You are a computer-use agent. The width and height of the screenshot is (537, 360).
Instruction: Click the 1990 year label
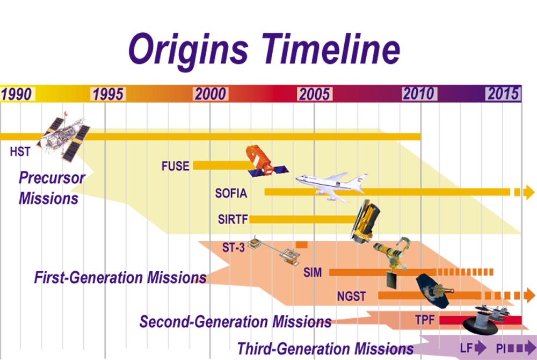tap(17, 94)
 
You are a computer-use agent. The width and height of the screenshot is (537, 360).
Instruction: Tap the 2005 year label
tap(314, 94)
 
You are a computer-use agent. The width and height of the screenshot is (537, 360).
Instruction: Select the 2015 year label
tap(503, 93)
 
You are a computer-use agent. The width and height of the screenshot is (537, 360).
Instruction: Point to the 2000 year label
tap(211, 94)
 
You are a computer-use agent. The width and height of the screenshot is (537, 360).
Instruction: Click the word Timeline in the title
tap(331, 49)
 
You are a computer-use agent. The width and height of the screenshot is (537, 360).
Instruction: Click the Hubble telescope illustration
tap(64, 136)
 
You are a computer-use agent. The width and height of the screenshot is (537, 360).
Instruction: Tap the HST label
tap(20, 152)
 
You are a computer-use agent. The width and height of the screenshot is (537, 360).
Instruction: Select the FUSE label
tap(176, 166)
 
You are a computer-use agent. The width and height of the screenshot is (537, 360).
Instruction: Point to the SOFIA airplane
tap(331, 186)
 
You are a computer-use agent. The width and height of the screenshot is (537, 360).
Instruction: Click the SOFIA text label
tap(231, 193)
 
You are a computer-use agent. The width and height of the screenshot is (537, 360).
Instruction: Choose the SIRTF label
tap(233, 219)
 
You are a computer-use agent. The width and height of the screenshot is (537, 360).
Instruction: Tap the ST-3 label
tap(233, 247)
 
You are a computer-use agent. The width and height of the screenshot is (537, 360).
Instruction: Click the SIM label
tap(313, 272)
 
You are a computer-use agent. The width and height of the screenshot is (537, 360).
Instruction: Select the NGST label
tap(351, 296)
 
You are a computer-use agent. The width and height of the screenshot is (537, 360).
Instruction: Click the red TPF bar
tap(481, 320)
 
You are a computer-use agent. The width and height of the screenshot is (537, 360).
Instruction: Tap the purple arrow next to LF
tap(481, 348)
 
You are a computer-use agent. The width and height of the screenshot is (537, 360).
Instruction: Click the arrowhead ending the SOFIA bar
tap(529, 192)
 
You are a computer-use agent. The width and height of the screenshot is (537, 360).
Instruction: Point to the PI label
tap(500, 349)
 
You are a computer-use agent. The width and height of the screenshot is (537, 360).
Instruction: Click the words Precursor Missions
tap(52, 188)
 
